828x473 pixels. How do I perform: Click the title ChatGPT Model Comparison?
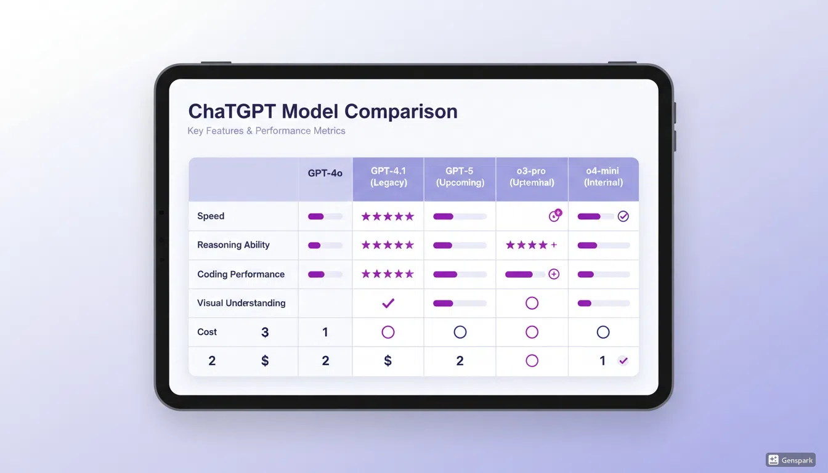coord(322,111)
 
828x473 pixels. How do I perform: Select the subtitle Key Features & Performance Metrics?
coord(266,131)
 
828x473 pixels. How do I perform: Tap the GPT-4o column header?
coord(325,174)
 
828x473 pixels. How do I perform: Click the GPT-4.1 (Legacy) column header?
coord(388,177)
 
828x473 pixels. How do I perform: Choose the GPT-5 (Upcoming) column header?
coord(460,177)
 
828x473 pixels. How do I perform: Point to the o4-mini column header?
coord(604,177)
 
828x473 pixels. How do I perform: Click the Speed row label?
coord(211,216)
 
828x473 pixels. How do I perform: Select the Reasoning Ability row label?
coord(233,245)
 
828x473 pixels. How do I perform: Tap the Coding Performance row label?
coord(241,274)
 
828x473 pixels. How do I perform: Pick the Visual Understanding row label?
coord(241,303)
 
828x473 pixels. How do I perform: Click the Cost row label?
coord(207,332)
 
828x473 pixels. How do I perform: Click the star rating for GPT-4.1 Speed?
coord(388,216)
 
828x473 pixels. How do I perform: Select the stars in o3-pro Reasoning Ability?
coord(527,245)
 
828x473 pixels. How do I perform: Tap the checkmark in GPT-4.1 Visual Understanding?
coord(388,303)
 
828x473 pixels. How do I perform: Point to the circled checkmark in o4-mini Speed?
coord(623,216)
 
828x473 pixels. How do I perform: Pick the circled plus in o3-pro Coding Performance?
coord(554,274)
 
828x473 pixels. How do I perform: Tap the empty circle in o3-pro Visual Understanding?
coord(532,303)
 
